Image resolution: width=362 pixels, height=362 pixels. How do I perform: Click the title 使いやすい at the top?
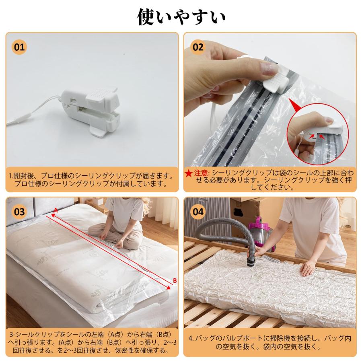tap(181, 17)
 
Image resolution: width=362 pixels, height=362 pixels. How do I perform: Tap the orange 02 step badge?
tap(198, 47)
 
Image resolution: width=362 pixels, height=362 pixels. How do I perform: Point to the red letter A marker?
tap(56, 210)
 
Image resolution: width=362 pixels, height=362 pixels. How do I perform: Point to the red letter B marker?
tap(175, 280)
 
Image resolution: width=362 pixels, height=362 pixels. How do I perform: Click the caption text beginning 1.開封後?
tap(93, 180)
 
